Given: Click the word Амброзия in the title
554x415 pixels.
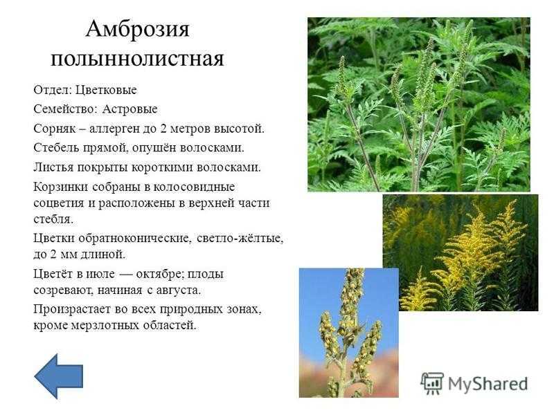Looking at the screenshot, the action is pos(137,28).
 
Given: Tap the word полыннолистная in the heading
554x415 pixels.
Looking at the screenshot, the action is pos(137,59).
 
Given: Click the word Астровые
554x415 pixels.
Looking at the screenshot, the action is pos(129,109).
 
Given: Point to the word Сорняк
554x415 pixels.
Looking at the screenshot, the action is pos(55,129).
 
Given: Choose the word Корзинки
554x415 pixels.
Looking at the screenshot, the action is pos(60,187).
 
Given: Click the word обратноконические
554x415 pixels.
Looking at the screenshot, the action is pos(136,239).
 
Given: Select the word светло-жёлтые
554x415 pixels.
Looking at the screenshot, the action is pos(240,239).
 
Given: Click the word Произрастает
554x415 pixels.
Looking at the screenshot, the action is pos(73,309).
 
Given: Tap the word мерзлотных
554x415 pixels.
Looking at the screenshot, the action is pos(105,325).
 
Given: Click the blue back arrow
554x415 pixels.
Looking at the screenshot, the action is pos(59,376).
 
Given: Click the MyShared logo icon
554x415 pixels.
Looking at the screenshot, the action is pos(432,383).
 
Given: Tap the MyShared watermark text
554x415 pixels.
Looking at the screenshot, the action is pos(488,384).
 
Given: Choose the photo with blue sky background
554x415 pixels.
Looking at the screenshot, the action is pos(349,333).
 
